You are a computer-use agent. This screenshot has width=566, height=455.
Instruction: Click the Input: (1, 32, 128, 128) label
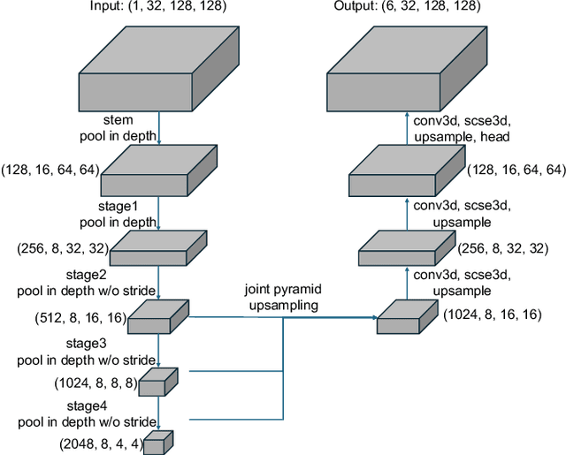pyautogui.click(x=157, y=7)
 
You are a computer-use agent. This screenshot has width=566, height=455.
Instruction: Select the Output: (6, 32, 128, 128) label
pyautogui.click(x=408, y=7)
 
